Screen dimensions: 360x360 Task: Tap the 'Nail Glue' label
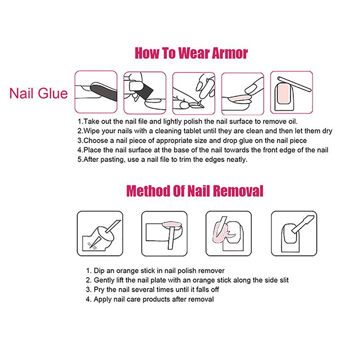tap(38, 94)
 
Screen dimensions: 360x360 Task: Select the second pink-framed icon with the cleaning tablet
tap(144, 91)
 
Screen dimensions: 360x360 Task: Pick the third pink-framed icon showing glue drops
tap(193, 91)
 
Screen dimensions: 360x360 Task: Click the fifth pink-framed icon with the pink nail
tap(291, 91)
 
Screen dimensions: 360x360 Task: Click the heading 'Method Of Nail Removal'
tap(194, 191)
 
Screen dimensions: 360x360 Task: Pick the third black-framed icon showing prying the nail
tap(227, 231)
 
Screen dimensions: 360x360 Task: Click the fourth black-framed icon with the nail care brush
tap(291, 231)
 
